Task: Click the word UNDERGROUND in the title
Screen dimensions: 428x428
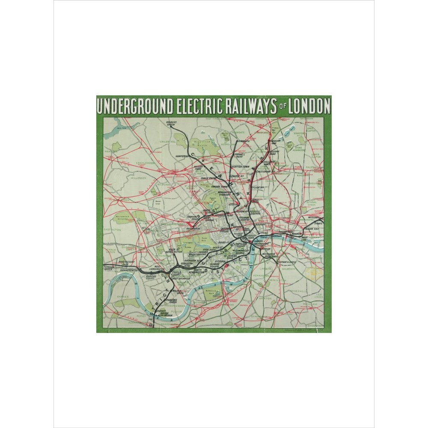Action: point(135,106)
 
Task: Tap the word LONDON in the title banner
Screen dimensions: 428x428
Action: point(309,106)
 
